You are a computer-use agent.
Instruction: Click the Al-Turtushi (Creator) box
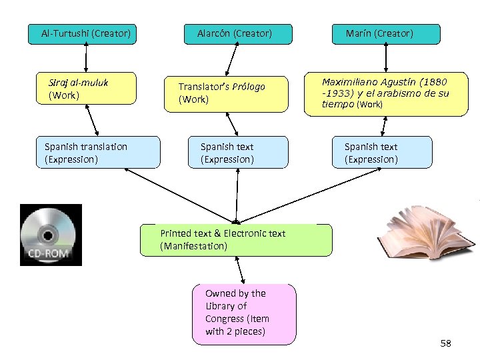[x=82, y=34]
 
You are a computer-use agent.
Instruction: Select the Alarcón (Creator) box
[x=238, y=34]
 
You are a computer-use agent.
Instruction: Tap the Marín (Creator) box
[x=386, y=34]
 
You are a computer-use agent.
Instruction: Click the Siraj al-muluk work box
[x=86, y=88]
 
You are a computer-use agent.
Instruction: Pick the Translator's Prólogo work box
[x=226, y=94]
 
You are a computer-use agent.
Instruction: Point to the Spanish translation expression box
[x=98, y=152]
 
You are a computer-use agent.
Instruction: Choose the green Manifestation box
[x=236, y=240]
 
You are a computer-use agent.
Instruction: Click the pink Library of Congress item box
[x=244, y=314]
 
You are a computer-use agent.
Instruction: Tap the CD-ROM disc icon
[x=51, y=235]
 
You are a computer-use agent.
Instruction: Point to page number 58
[x=446, y=343]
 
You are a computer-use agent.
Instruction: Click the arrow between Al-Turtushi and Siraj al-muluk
[x=86, y=57]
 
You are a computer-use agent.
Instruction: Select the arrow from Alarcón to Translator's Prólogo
[x=232, y=59]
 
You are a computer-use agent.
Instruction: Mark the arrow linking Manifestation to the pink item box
[x=240, y=270]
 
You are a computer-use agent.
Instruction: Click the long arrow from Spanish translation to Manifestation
[x=181, y=196]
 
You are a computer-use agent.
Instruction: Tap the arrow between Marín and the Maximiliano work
[x=386, y=57]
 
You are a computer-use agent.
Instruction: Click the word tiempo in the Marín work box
[x=338, y=104]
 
